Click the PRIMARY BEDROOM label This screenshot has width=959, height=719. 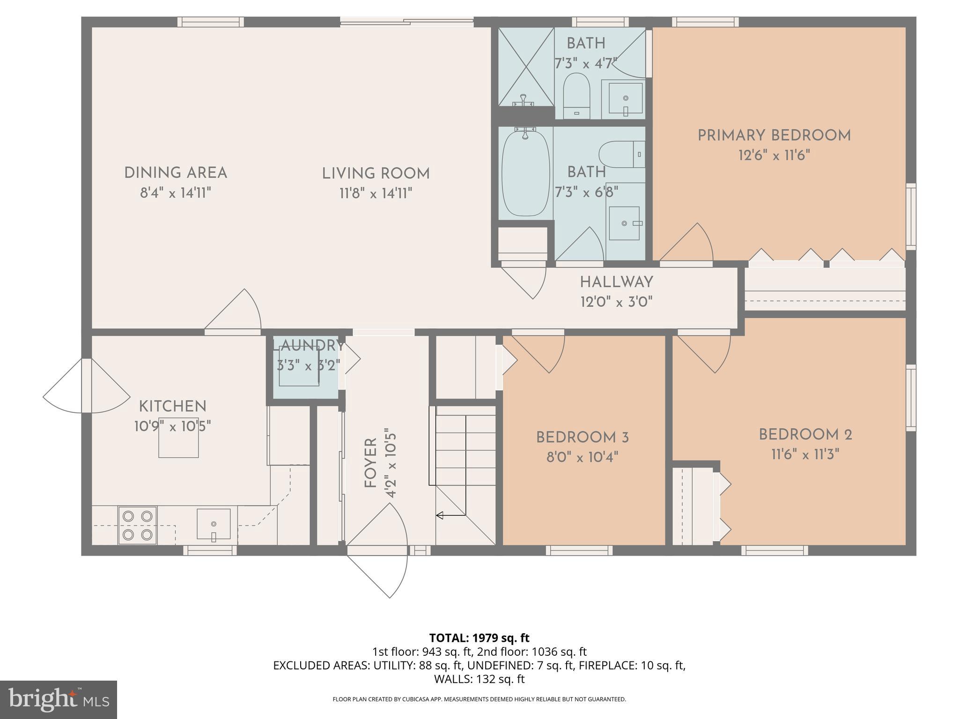click(x=774, y=136)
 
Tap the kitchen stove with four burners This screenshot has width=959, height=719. click(x=137, y=525)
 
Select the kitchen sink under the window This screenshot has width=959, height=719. click(x=214, y=524)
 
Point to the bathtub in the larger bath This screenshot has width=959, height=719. click(x=525, y=172)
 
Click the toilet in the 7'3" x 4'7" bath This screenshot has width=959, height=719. click(x=576, y=95)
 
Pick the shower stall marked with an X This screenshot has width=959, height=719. click(x=526, y=66)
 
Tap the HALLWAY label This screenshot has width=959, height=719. click(x=616, y=282)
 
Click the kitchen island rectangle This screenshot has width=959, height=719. click(x=178, y=437)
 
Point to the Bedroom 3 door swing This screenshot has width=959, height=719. click(x=539, y=352)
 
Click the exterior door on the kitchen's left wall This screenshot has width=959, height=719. click(x=87, y=386)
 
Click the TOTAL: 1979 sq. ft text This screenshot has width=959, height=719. click(x=479, y=638)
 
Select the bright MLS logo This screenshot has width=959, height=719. click(x=59, y=699)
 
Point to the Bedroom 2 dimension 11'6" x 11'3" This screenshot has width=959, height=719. click(x=805, y=454)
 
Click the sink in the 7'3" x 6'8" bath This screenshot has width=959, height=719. click(x=624, y=223)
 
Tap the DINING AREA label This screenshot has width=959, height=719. click(x=176, y=173)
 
